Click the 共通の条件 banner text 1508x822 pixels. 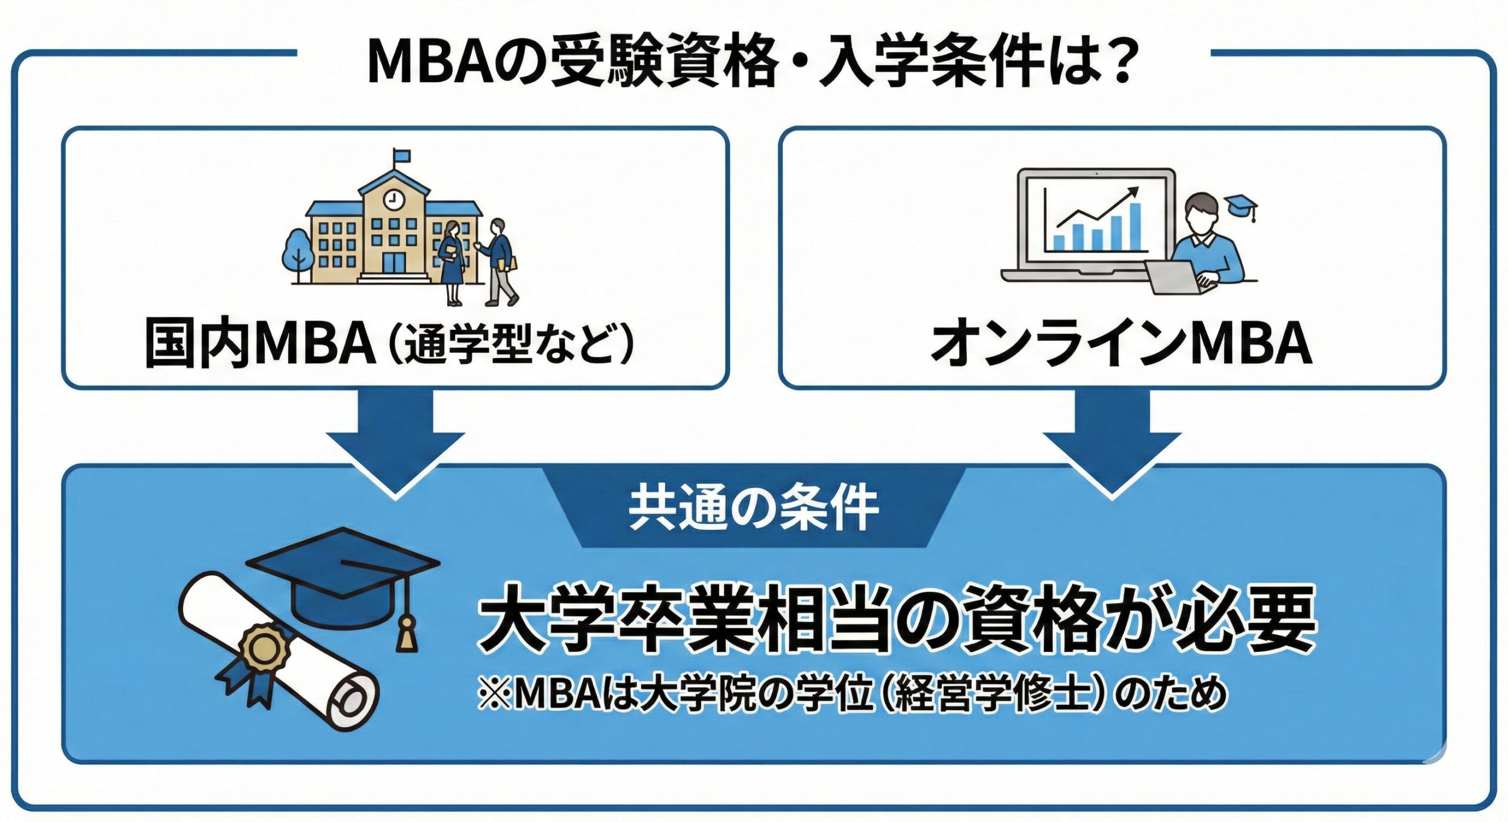tap(753, 507)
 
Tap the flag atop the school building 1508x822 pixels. tap(401, 156)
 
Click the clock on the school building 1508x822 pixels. tap(391, 200)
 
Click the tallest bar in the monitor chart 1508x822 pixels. tap(1135, 227)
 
